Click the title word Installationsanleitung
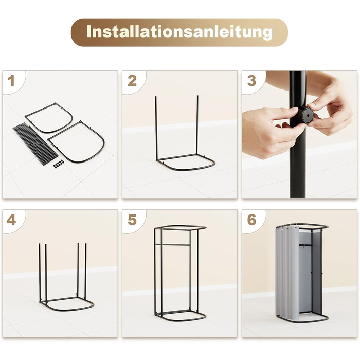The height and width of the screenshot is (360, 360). click(179, 32)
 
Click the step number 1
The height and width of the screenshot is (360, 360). click(11, 81)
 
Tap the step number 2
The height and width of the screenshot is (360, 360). click(132, 81)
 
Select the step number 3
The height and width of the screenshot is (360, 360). click(251, 81)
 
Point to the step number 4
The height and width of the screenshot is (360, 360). click(11, 220)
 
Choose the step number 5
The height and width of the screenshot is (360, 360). click(132, 220)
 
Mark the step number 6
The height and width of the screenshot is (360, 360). click(251, 220)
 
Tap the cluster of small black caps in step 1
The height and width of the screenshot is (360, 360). click(59, 164)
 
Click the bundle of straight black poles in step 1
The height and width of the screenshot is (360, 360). click(35, 143)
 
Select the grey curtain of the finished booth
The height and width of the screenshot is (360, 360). click(287, 273)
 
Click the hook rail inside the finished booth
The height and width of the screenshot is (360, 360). click(305, 246)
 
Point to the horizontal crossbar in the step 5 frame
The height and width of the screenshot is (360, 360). click(173, 245)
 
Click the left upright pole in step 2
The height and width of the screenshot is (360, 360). click(156, 128)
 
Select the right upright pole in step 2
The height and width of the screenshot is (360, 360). click(197, 125)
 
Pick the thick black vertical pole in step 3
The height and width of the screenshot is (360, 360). click(298, 134)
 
